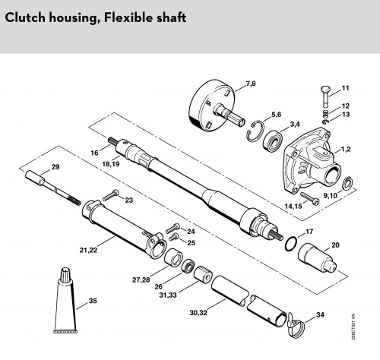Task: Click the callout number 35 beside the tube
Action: tap(93, 301)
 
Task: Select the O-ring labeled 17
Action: tap(291, 243)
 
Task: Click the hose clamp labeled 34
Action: tap(296, 325)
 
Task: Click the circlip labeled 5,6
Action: tap(255, 131)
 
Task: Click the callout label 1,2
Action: tap(346, 149)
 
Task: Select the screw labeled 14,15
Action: tap(310, 198)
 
